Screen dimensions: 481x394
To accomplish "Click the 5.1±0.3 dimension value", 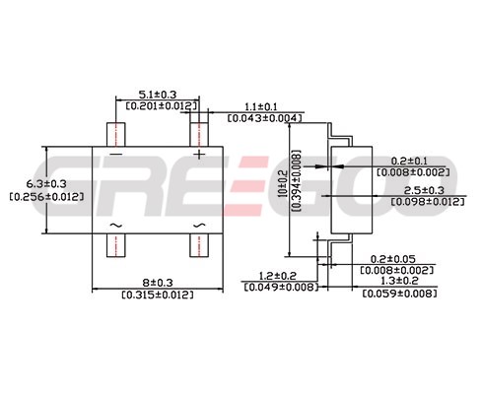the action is (158, 95).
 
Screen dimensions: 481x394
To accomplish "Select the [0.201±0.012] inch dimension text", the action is (162, 106).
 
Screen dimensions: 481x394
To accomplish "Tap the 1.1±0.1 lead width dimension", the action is (261, 107).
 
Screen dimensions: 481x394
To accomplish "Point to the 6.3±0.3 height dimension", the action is (46, 183).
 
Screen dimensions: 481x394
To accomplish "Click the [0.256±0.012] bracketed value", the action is (46, 197).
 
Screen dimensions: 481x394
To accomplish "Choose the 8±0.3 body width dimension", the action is (158, 283).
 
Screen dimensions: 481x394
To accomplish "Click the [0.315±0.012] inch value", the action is (158, 295).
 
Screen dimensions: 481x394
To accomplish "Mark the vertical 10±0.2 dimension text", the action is (282, 183).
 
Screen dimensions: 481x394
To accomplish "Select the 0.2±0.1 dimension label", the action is (409, 161).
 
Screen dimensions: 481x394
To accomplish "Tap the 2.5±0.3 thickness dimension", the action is (424, 190).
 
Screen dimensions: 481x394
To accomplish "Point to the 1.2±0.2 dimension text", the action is (278, 276).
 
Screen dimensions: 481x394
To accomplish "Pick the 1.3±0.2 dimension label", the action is (399, 281).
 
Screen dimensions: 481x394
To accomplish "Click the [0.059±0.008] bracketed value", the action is (399, 293).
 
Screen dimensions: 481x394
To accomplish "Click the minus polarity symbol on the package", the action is (116, 154).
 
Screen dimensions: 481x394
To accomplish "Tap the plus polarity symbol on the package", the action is (199, 154).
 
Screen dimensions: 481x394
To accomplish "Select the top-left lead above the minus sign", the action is (116, 134).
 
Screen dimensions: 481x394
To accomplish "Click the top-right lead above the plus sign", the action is (199, 134).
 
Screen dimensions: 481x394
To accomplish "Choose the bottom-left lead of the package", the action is (116, 245).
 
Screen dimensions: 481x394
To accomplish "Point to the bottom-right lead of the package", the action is (199, 245).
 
